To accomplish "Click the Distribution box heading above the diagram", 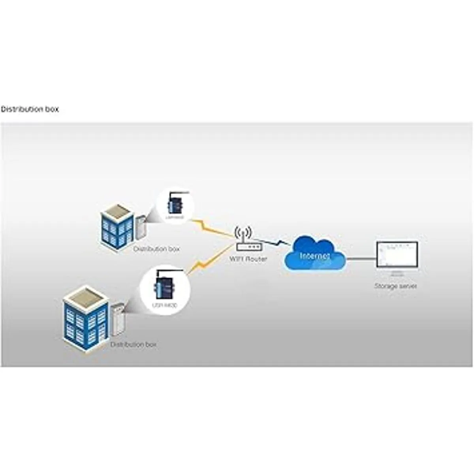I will point(30,109).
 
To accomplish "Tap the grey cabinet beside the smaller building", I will point(141,227).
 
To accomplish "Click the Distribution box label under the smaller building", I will point(156,249).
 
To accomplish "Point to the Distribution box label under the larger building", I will point(134,345).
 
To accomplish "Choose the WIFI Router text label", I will point(248,260).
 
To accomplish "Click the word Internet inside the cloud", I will point(315,256).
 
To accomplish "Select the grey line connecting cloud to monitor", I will point(361,259).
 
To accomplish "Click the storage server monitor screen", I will point(396,255).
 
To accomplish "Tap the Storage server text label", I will point(395,286).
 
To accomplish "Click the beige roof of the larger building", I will point(85,297).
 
